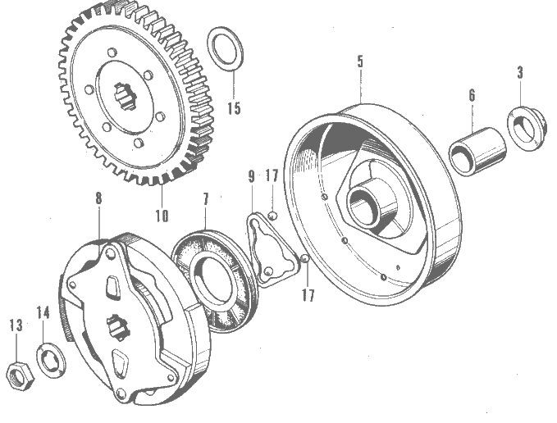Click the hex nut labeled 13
[x=21, y=376]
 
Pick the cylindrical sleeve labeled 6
[x=477, y=152]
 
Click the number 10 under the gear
[x=162, y=216]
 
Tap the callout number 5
[x=361, y=61]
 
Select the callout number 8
[x=98, y=198]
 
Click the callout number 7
[x=206, y=199]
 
